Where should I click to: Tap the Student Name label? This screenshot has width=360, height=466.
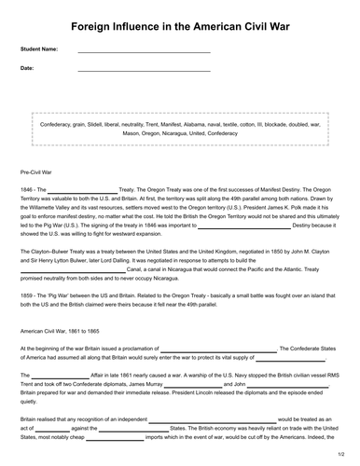point(38,48)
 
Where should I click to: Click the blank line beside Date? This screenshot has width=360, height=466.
point(144,70)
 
